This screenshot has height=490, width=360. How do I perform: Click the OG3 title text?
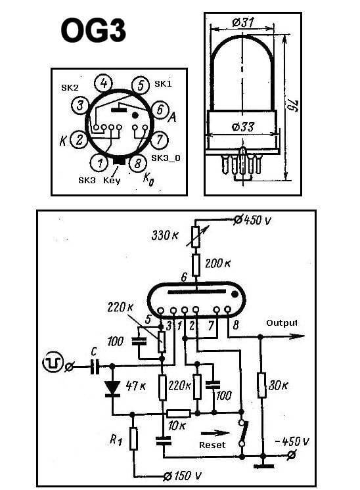point(93,30)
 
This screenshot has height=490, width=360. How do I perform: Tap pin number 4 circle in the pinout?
point(104,84)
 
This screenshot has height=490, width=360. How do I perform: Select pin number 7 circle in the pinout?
point(160,139)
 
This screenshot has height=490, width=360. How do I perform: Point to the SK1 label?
point(163,84)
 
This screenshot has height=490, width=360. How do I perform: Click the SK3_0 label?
point(166,158)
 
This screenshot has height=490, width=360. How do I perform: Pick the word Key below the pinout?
point(112,181)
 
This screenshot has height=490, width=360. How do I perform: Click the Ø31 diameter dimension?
point(243,22)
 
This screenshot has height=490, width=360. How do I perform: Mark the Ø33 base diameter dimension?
point(243,127)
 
